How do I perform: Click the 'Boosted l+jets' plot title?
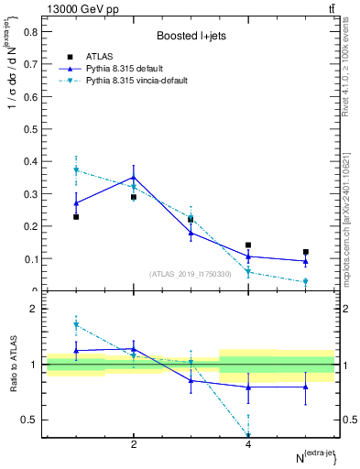(x=191, y=36)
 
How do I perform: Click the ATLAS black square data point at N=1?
(x=76, y=217)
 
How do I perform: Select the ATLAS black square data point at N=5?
(x=306, y=252)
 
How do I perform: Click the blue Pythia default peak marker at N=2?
(x=134, y=178)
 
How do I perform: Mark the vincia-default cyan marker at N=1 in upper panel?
(x=76, y=169)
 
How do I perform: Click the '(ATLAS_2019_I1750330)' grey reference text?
(x=191, y=273)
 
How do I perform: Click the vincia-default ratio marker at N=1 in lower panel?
(x=76, y=325)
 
